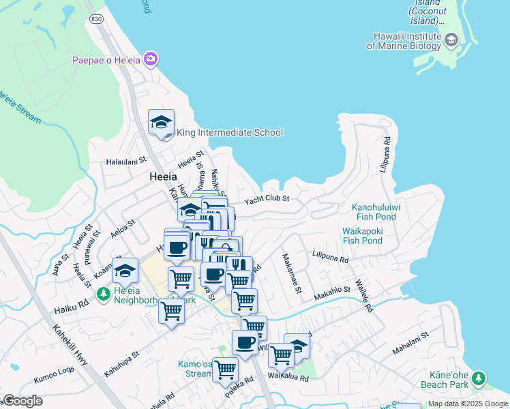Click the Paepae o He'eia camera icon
[150, 60]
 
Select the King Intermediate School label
[229, 132]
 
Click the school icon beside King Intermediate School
[161, 123]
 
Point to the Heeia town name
[163, 177]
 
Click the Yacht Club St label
[267, 198]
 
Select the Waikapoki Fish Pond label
[362, 236]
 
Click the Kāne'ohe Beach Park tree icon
[479, 377]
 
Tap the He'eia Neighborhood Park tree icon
[103, 294]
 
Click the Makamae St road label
[291, 273]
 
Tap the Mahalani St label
[410, 344]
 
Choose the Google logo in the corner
[23, 401]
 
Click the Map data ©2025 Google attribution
[467, 404]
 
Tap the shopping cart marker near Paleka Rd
[225, 369]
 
